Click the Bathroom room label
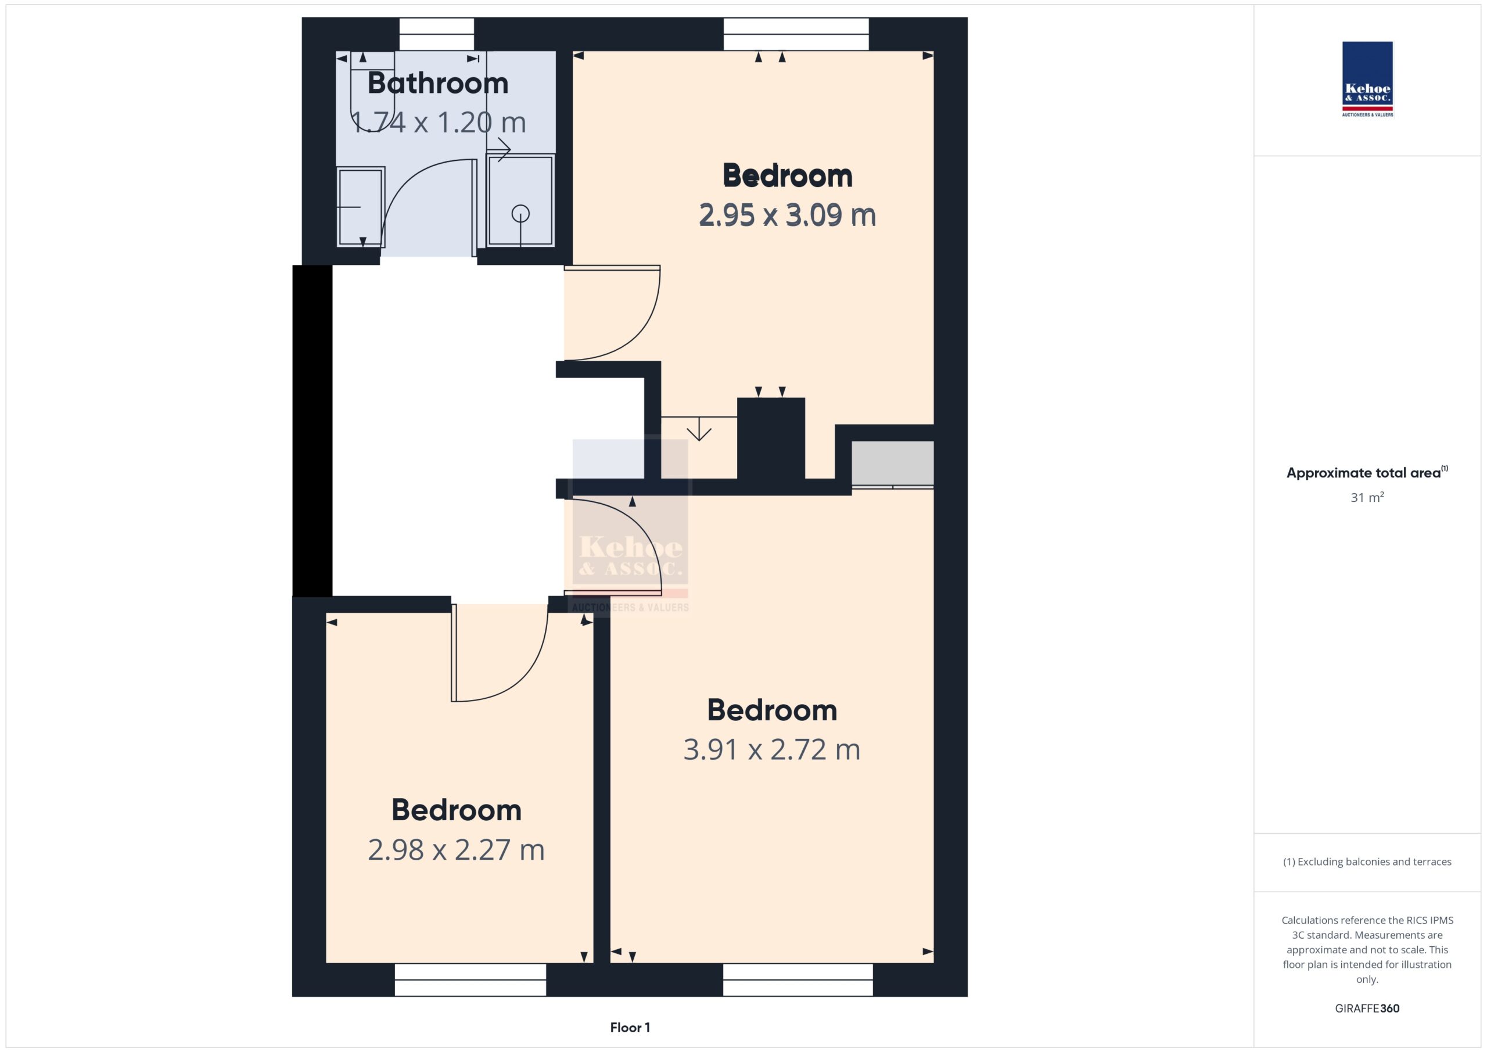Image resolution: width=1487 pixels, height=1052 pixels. [x=438, y=83]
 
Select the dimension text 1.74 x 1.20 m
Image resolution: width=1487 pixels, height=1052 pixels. [x=438, y=123]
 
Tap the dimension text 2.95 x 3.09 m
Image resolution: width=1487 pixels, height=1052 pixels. [x=787, y=215]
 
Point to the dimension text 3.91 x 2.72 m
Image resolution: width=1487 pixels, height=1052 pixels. [x=771, y=749]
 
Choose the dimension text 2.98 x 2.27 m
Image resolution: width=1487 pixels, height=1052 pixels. [x=456, y=849]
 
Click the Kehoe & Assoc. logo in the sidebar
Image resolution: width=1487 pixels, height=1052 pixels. [x=1367, y=79]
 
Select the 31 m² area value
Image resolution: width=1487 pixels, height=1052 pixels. [x=1367, y=497]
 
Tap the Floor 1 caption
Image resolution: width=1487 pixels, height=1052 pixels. [x=630, y=1028]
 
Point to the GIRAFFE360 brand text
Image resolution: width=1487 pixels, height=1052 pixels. [x=1367, y=1008]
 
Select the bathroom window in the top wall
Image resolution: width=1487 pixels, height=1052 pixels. [x=436, y=34]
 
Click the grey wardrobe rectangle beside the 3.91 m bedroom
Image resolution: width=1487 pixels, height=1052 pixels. [x=892, y=462]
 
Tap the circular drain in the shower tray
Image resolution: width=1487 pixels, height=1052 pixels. [x=520, y=213]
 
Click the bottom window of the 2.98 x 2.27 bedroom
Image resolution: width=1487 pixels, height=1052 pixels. [x=470, y=979]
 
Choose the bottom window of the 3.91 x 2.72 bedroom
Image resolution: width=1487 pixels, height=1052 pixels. [x=798, y=979]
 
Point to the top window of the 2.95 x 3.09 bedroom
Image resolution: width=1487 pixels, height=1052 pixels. [x=796, y=34]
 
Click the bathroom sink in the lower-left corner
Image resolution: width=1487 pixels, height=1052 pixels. [x=361, y=207]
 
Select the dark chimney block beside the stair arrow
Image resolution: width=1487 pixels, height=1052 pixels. [x=771, y=439]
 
